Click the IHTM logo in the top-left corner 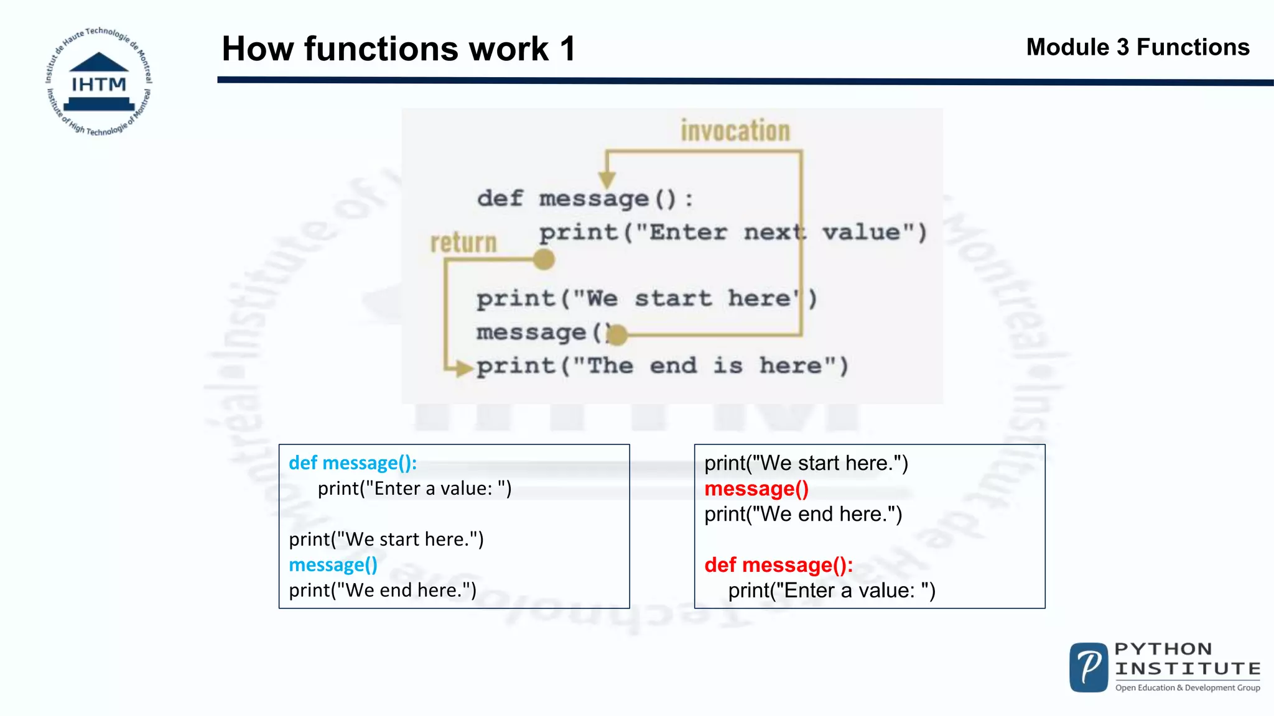point(98,81)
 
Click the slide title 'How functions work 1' point(398,48)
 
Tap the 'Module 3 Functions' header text point(1137,47)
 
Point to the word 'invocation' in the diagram point(735,131)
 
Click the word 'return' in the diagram point(463,243)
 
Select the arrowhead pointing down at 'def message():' point(607,179)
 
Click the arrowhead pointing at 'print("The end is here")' point(463,368)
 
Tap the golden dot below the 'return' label point(544,259)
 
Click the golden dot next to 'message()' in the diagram point(616,335)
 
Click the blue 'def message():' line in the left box point(353,463)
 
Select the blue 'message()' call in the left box point(333,565)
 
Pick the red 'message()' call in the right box point(756,489)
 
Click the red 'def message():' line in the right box point(778,565)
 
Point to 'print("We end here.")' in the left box point(383,590)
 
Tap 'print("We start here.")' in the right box point(806,464)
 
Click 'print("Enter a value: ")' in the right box point(832,590)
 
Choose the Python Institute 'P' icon point(1089,668)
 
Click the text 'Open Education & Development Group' point(1188,688)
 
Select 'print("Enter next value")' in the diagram point(733,233)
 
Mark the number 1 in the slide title point(567,48)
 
